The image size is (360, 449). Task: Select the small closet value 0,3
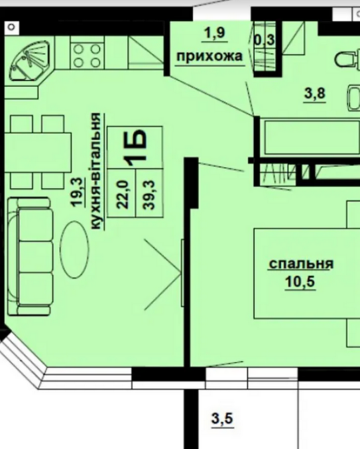(x=264, y=39)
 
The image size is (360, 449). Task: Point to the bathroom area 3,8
(x=315, y=94)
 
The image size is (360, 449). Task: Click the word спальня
(x=300, y=263)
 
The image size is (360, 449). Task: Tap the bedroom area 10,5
(x=300, y=281)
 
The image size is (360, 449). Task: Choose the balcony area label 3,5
(x=222, y=420)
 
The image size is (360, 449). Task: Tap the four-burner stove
(x=85, y=54)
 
